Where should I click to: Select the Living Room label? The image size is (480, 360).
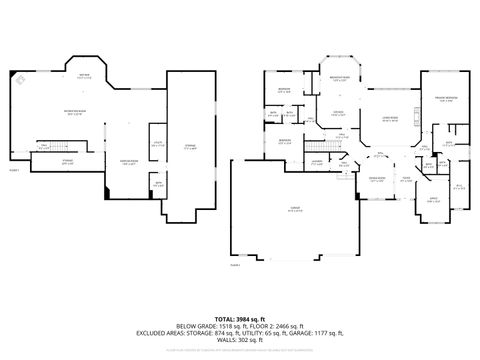coord(387,119)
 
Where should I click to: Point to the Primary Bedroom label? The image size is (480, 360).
coord(446,99)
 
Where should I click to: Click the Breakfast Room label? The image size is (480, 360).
coord(340,78)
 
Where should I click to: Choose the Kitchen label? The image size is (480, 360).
coord(338,113)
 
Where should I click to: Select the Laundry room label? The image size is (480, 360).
coord(316,161)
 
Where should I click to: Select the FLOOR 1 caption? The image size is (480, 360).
coord(14,170)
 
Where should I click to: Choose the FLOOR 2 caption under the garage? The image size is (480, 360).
coord(235,266)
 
